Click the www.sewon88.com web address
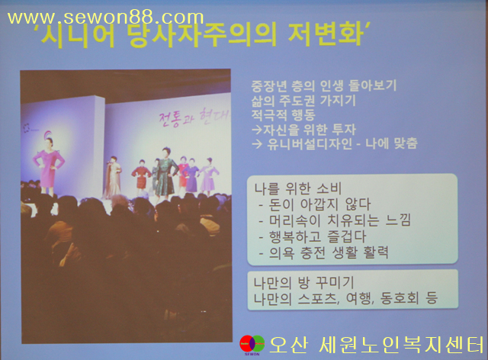105,18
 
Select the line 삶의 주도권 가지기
303,100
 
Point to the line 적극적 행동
283,115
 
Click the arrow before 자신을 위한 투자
257,130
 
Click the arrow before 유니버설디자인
257,144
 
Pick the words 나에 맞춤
391,143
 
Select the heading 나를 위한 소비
298,188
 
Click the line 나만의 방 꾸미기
303,283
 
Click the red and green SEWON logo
252,345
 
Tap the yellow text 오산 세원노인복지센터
377,345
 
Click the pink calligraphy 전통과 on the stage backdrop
177,119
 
